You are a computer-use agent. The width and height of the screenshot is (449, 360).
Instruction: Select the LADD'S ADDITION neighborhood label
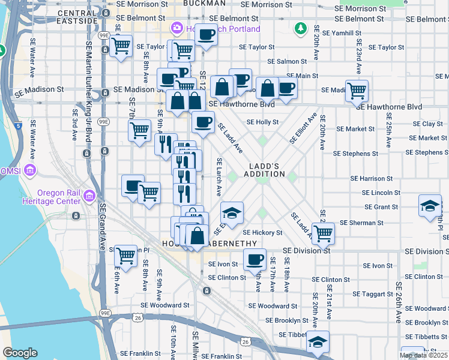pyautogui.click(x=264, y=170)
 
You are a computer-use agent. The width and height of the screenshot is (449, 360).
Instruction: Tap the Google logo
pyautogui.click(x=20, y=353)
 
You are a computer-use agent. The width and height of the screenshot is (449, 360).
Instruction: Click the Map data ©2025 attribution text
pyautogui.click(x=423, y=355)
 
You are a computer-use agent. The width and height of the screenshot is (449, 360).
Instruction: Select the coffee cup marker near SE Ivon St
pyautogui.click(x=255, y=260)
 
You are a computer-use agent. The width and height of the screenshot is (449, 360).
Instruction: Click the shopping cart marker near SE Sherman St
pyautogui.click(x=323, y=233)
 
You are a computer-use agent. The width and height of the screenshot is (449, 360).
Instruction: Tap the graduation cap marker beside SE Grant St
pyautogui.click(x=430, y=206)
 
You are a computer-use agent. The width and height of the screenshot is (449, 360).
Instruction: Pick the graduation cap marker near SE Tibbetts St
pyautogui.click(x=317, y=341)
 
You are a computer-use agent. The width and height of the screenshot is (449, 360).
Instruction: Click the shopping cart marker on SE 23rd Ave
pyautogui.click(x=357, y=91)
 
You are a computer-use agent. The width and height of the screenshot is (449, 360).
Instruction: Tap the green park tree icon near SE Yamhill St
pyautogui.click(x=300, y=28)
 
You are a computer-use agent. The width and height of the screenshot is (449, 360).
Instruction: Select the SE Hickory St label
pyautogui.click(x=262, y=233)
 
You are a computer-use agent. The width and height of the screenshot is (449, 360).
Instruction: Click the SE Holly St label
pyautogui.click(x=262, y=122)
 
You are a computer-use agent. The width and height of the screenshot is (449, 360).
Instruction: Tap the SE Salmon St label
pyautogui.click(x=287, y=61)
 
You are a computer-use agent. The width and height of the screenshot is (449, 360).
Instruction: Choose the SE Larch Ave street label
pyautogui.click(x=219, y=177)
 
